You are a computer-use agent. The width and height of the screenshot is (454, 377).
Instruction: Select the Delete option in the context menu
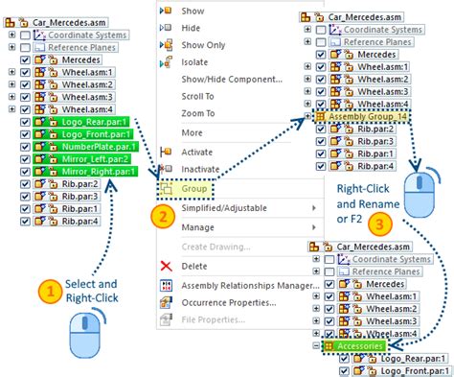point(194,266)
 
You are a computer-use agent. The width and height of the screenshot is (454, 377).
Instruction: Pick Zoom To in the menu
point(197,114)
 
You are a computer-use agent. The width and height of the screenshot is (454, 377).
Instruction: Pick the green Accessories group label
point(358,344)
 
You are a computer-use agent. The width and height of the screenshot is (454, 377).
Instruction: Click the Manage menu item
point(198,227)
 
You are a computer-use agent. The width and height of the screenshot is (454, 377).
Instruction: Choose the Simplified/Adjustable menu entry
point(225,208)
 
